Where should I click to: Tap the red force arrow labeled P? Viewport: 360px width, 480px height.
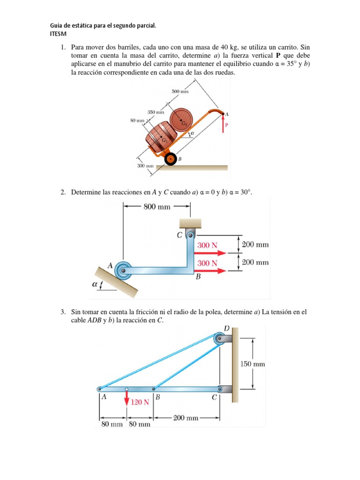coord(223,124)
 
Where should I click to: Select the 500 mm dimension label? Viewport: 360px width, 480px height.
coord(180,91)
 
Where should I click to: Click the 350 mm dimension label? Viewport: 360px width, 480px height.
coord(156,112)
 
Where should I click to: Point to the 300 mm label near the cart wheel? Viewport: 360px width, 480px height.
coord(145,166)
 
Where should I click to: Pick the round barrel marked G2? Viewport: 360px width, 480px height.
coord(181,120)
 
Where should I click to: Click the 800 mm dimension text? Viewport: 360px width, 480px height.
coord(157,207)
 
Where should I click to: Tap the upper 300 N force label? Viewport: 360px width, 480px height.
coord(207,245)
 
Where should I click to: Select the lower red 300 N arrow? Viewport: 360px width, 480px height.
coord(210,270)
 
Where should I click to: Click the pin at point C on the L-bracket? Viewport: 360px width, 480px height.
coord(191,235)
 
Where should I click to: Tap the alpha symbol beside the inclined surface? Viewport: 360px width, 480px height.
coord(95,284)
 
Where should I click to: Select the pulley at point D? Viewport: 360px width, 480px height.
coord(220,339)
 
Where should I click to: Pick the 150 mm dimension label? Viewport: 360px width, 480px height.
coord(253,364)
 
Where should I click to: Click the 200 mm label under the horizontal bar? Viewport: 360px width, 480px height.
coord(186,418)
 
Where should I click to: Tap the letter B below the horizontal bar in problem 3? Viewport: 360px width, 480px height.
coord(157,397)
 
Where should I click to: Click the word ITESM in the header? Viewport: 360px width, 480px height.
coord(58,34)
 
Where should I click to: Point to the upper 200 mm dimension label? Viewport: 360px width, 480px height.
coord(255,245)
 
